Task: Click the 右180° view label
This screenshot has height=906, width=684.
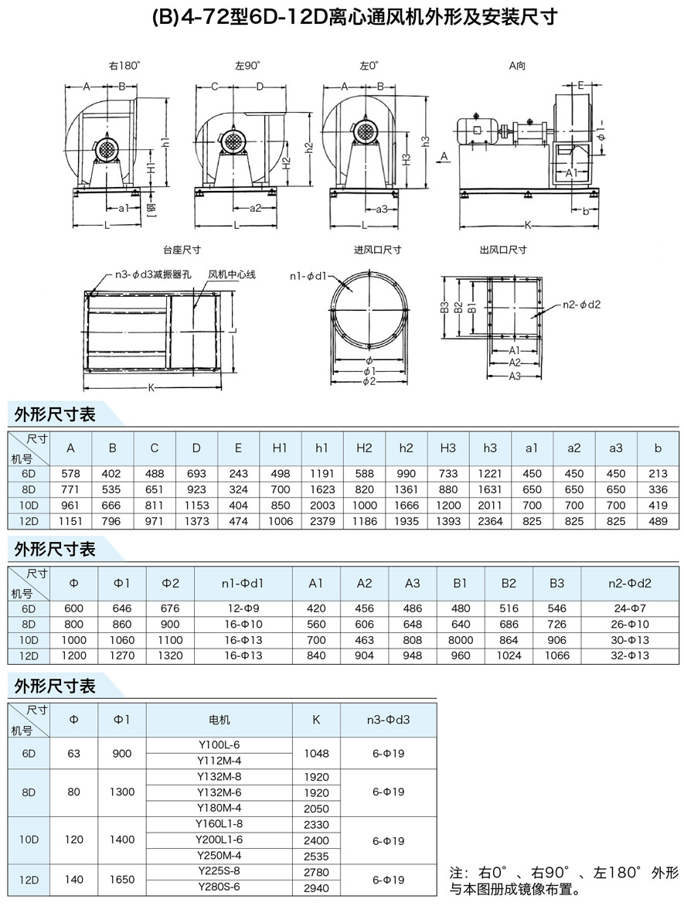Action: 124,66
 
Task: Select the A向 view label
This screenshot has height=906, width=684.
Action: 517,66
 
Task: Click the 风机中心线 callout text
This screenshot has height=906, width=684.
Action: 232,274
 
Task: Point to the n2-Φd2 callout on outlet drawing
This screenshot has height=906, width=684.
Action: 580,304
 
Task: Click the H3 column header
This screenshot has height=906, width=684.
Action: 447,448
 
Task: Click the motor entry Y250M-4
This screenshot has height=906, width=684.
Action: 219,855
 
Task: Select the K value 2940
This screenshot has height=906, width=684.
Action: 316,887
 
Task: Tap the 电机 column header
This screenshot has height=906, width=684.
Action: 219,719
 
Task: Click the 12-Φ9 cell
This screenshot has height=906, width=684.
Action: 243,608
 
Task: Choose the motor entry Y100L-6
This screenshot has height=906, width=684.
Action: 219,744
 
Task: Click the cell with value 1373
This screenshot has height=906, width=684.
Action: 196,521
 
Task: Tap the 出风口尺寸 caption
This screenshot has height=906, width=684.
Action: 503,250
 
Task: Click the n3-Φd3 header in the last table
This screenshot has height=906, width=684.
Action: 388,719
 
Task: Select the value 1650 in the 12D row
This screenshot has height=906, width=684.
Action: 122,879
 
